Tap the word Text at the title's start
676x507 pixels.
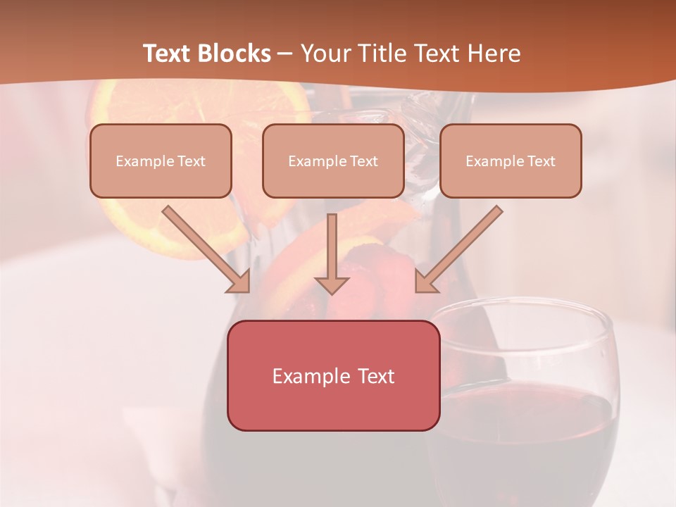pos(168,54)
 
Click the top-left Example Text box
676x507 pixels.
pos(161,161)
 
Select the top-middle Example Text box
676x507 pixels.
pos(333,161)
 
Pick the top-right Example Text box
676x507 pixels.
pos(511,161)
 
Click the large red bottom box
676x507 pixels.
pos(333,375)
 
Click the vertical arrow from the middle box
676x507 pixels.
pos(332,246)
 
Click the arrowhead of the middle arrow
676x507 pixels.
pos(332,284)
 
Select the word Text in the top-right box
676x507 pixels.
pos(541,161)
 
